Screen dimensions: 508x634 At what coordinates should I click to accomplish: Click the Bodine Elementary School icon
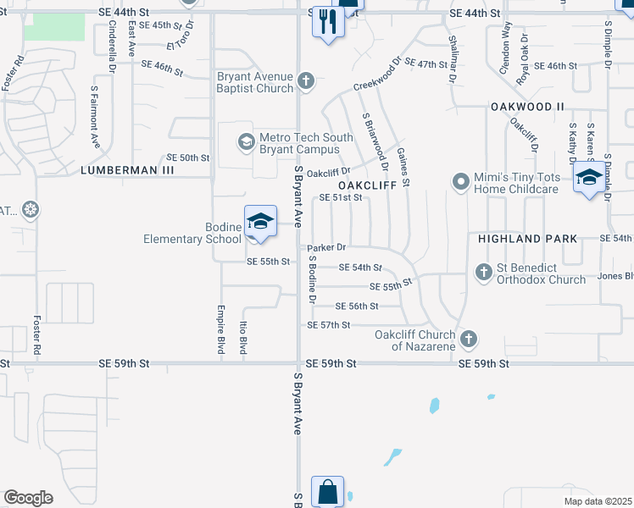pos(260,222)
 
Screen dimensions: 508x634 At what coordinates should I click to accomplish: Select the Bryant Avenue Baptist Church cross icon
pos(306,81)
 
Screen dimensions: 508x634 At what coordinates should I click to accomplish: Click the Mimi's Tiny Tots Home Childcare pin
pos(461,181)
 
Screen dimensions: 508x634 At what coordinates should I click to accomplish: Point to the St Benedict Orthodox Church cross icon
pos(483,272)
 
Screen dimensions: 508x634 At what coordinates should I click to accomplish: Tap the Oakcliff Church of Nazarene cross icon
pos(467,340)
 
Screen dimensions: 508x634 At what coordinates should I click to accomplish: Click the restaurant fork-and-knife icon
pos(328,22)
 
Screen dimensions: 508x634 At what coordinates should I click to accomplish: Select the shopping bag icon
pos(327,492)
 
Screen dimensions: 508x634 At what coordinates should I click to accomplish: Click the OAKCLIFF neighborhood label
pos(368,185)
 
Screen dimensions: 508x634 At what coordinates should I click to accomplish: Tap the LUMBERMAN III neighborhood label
pos(127,170)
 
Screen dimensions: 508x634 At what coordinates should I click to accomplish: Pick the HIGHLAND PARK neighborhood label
pos(527,240)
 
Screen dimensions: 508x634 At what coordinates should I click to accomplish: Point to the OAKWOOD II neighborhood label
pos(527,107)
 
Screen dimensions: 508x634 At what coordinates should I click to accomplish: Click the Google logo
pos(28,498)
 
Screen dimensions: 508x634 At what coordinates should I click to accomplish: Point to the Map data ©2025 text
pos(598,501)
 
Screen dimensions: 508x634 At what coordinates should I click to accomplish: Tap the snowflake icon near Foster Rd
pos(31,209)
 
